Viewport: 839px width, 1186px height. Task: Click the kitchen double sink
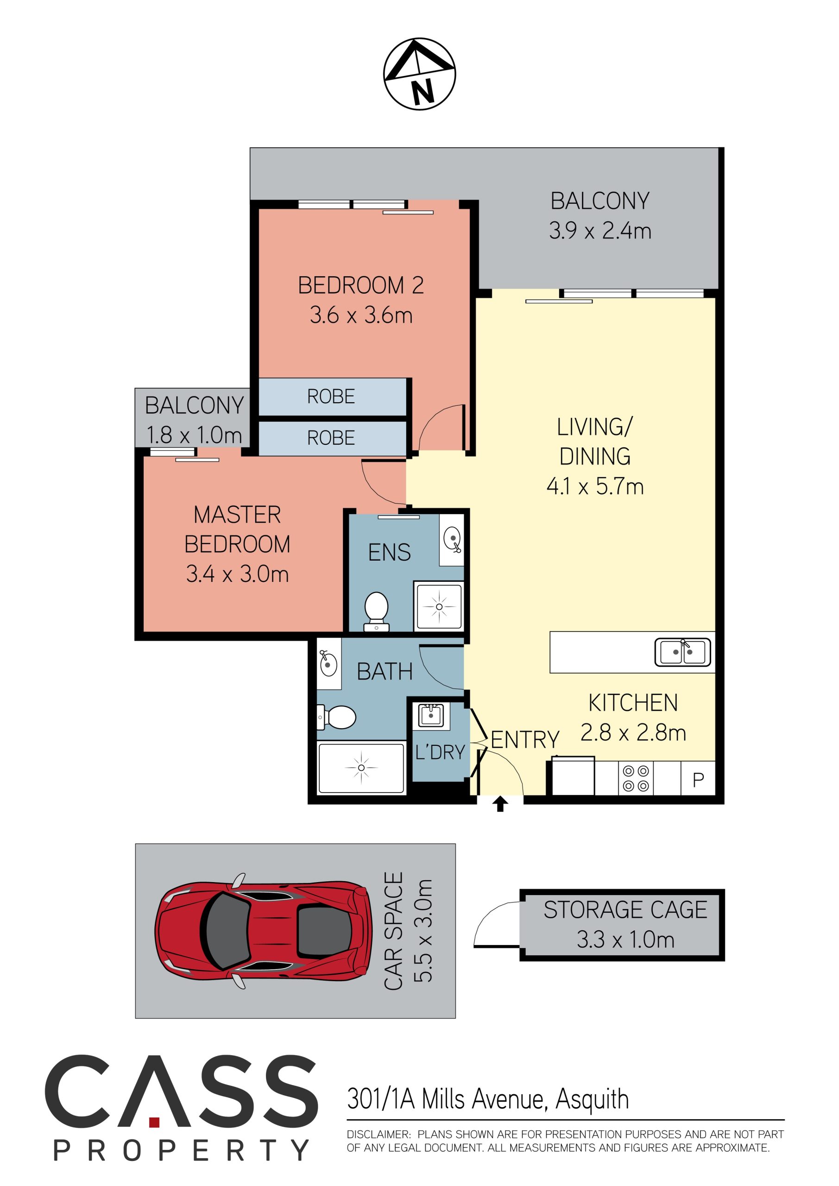click(682, 652)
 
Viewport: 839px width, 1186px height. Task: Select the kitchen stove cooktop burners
click(636, 778)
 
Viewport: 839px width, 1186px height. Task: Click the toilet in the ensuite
click(377, 612)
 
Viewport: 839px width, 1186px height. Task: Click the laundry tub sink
click(431, 715)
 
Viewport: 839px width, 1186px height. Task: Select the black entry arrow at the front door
click(499, 804)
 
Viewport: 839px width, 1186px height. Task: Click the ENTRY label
click(525, 740)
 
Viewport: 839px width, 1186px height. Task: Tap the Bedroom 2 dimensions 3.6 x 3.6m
click(361, 315)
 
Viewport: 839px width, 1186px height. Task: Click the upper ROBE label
click(331, 397)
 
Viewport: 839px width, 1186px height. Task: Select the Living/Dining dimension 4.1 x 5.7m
click(595, 486)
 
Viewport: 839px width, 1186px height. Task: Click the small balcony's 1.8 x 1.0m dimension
click(194, 435)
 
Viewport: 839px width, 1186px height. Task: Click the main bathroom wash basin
click(328, 663)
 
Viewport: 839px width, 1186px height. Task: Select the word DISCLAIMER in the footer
click(378, 1135)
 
